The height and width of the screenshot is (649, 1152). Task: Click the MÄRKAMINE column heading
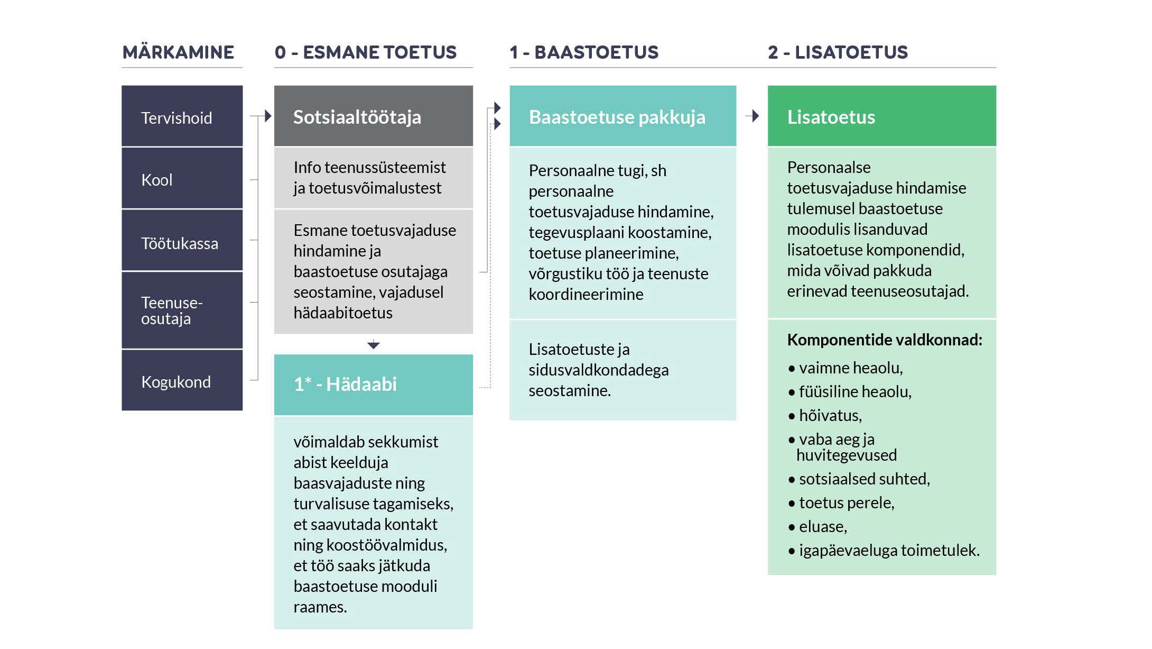[x=178, y=52]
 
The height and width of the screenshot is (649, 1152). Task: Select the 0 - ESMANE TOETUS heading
[x=365, y=52]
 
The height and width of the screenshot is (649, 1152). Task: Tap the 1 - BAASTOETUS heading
[x=584, y=52]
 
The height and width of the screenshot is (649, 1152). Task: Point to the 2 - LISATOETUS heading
[x=838, y=52]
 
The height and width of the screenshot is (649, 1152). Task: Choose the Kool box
[x=182, y=179]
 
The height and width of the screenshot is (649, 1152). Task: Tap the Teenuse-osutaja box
[x=182, y=310]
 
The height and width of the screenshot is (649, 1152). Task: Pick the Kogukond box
[x=182, y=381]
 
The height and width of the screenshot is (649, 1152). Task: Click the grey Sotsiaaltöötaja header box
[x=373, y=116]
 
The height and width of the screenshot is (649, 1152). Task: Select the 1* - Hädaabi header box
[x=373, y=385]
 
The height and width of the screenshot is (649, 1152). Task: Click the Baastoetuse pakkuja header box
[x=622, y=116]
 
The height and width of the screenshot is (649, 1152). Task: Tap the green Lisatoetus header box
[x=881, y=116]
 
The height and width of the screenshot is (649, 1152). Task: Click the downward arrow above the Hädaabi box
[x=374, y=345]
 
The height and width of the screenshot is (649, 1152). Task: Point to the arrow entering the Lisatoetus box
[x=754, y=116]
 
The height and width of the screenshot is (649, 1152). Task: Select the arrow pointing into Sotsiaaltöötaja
[x=266, y=116]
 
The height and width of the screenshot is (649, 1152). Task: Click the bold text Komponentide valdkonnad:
[x=884, y=340]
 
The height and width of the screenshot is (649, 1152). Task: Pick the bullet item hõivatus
[x=830, y=416]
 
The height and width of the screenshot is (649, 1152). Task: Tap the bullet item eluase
[x=823, y=527]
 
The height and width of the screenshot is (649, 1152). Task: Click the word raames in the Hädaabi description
[x=320, y=607]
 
